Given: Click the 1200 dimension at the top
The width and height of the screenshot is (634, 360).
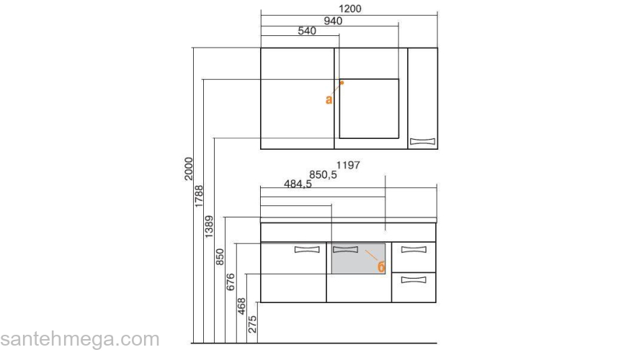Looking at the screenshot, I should pyautogui.click(x=349, y=9).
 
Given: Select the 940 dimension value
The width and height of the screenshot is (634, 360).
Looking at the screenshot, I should pyautogui.click(x=332, y=20).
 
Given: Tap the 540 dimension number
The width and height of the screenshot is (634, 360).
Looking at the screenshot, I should pyautogui.click(x=307, y=31).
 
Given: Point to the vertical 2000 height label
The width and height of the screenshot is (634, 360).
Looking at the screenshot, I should pyautogui.click(x=188, y=168).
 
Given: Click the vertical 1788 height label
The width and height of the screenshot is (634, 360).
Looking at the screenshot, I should pyautogui.click(x=199, y=197).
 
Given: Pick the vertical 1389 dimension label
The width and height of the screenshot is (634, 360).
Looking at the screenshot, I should pyautogui.click(x=210, y=225).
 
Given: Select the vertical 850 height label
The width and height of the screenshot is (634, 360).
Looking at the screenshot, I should pyautogui.click(x=220, y=257).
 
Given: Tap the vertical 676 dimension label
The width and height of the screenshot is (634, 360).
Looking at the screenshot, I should pyautogui.click(x=231, y=281).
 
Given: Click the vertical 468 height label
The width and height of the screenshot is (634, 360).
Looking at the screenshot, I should pyautogui.click(x=242, y=305).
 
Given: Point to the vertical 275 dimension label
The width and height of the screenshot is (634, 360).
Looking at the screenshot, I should pyautogui.click(x=252, y=323).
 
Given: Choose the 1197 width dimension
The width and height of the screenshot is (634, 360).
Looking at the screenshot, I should pyautogui.click(x=348, y=165).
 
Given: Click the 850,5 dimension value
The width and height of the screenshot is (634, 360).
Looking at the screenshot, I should pyautogui.click(x=323, y=174).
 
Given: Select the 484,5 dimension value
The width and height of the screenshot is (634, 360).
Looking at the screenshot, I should pyautogui.click(x=297, y=184).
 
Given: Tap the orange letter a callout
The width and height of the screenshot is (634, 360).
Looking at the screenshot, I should pyautogui.click(x=329, y=99).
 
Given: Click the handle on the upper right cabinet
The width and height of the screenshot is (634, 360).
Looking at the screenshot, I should pyautogui.click(x=423, y=141).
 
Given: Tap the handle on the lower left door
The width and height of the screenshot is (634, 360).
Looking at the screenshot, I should pyautogui.click(x=307, y=250).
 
